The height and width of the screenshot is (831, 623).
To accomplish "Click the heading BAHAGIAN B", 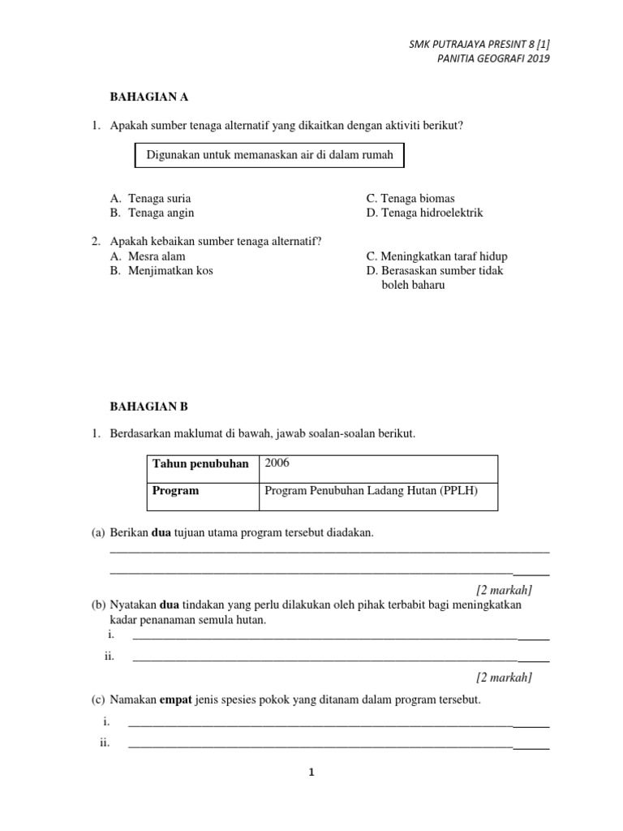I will pyautogui.click(x=148, y=406).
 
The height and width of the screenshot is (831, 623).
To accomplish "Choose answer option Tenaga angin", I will pyautogui.click(x=161, y=213).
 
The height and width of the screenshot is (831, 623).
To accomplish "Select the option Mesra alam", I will pyautogui.click(x=157, y=256).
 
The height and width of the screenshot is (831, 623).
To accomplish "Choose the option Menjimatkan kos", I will pyautogui.click(x=170, y=270).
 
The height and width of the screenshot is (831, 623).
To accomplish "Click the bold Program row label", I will pyautogui.click(x=175, y=490).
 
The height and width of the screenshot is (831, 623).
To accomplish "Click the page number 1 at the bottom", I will pyautogui.click(x=311, y=773).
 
